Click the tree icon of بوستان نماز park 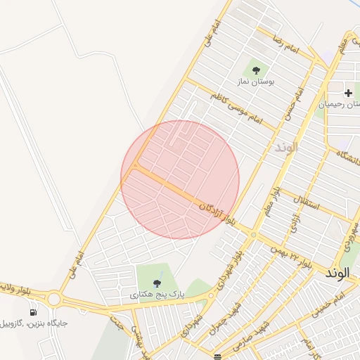pos(256,70)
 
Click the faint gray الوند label pos(286,148)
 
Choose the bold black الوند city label pos(342,272)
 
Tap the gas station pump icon pos(33,311)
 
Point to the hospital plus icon pos(348,93)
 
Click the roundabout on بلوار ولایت pos(54,299)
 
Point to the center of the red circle pos(180,179)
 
